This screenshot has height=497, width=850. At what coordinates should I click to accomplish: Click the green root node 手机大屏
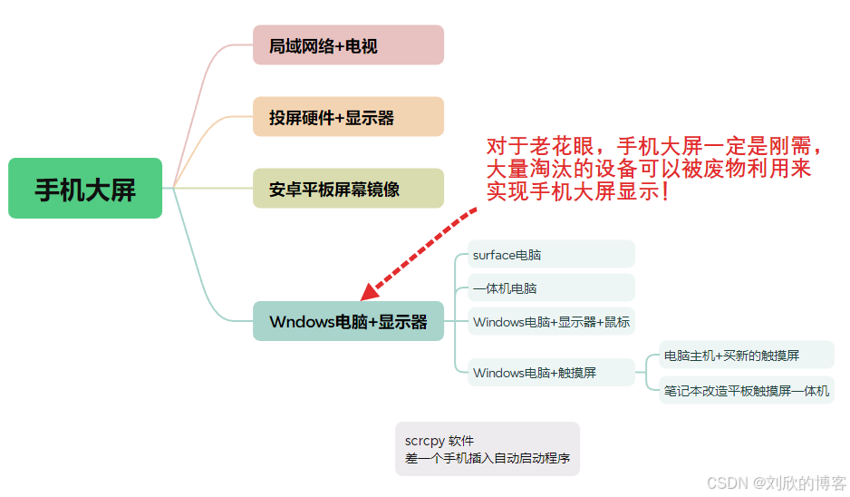(85, 189)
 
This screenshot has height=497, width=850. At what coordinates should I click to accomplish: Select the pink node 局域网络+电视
(348, 45)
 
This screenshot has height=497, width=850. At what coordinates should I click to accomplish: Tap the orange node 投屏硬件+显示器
(348, 117)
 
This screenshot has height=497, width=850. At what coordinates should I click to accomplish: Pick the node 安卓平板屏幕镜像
(348, 189)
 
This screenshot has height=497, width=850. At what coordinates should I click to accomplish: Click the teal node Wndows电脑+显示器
(348, 321)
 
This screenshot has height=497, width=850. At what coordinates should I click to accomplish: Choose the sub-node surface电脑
(551, 255)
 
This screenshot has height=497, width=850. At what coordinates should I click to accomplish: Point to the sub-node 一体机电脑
(551, 287)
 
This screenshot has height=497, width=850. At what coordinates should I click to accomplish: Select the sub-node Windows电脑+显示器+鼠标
(551, 321)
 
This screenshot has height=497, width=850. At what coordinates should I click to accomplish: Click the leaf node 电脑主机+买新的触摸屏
(746, 355)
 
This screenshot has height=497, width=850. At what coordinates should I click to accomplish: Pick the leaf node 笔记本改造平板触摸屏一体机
(746, 391)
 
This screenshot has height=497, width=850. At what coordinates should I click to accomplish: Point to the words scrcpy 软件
(440, 441)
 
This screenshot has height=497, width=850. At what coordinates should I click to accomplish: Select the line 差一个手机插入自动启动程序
(488, 458)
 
